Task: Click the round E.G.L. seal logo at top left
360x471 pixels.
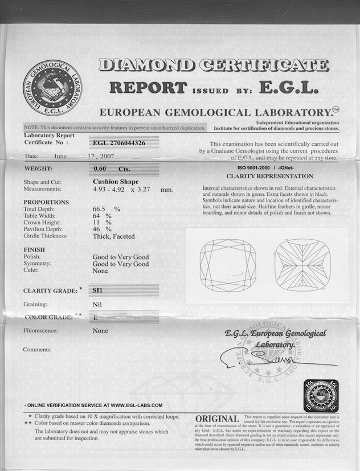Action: [x=52, y=89]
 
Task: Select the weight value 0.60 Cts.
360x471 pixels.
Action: [x=112, y=169]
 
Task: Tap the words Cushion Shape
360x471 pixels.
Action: [x=116, y=182]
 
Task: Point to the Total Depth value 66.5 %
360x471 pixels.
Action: [x=107, y=209]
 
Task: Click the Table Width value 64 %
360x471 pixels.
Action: [x=102, y=216]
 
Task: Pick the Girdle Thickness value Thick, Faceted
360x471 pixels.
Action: [x=114, y=236]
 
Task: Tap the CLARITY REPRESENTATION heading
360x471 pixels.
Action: [x=269, y=177]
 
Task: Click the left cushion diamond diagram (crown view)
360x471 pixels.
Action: [x=226, y=265]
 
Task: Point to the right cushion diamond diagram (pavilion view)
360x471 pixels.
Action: [x=302, y=265]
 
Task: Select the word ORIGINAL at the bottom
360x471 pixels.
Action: [x=217, y=420]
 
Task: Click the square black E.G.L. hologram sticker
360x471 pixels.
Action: [x=321, y=395]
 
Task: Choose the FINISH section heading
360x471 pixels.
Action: [x=34, y=249]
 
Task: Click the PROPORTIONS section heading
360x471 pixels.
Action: [x=46, y=202]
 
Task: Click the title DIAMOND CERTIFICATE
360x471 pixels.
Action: [x=214, y=64]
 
